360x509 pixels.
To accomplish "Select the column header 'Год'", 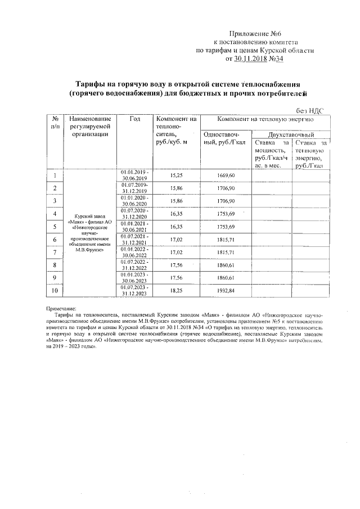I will tap(134, 119).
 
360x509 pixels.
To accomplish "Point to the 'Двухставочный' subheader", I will tap(290, 136).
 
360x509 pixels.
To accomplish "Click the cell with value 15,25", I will tap(176, 175).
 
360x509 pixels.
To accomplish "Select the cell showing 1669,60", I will tap(226, 175).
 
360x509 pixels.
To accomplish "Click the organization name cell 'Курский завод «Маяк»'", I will tap(90, 233).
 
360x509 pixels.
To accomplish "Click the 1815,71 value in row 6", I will tap(226, 239).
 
